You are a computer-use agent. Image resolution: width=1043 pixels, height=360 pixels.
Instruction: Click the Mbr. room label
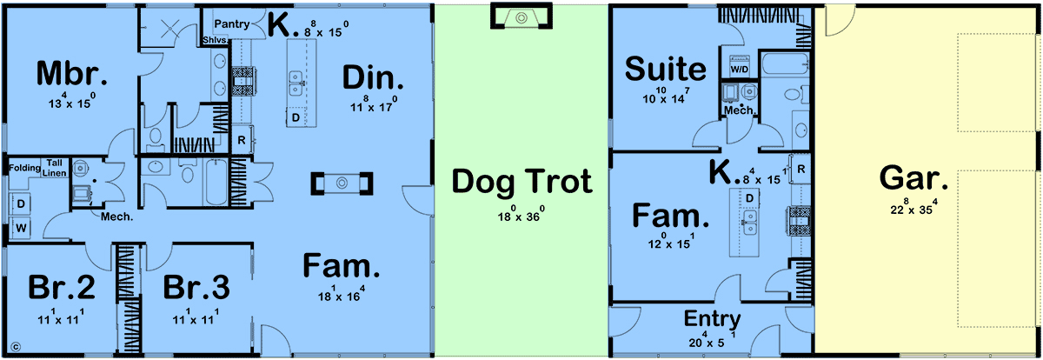[72, 74]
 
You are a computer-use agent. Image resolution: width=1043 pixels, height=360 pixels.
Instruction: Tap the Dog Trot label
[522, 181]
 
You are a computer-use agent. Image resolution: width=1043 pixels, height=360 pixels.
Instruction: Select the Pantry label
[232, 23]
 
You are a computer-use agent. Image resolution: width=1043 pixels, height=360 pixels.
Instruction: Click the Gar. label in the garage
[913, 178]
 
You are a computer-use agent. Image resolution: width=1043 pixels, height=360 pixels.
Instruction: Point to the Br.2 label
[62, 287]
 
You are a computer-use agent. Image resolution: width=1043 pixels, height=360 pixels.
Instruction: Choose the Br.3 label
[196, 287]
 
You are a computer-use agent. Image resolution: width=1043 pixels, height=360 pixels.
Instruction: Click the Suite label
[666, 69]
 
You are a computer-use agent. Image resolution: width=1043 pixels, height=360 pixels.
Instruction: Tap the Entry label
[712, 319]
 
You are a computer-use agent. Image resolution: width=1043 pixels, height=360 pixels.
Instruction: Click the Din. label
[373, 77]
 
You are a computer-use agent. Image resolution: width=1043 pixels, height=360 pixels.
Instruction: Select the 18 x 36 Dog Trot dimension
[521, 214]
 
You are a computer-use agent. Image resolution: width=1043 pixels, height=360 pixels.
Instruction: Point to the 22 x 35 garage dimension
[914, 207]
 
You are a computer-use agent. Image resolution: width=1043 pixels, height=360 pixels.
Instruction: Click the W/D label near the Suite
[740, 70]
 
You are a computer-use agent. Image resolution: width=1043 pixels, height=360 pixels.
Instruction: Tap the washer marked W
[21, 228]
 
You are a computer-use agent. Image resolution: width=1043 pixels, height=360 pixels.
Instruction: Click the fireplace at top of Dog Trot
[521, 17]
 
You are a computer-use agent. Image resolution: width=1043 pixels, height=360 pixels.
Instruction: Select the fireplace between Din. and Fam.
[342, 183]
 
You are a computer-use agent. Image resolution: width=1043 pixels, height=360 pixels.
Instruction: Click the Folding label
[24, 168]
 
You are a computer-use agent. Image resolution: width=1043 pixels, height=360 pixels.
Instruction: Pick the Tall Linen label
[55, 168]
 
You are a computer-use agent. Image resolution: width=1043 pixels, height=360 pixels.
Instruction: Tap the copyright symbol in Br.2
[16, 347]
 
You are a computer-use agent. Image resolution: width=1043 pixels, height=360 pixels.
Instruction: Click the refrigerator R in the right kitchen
[801, 169]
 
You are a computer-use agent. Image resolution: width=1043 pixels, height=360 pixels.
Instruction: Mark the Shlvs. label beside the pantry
[216, 41]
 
